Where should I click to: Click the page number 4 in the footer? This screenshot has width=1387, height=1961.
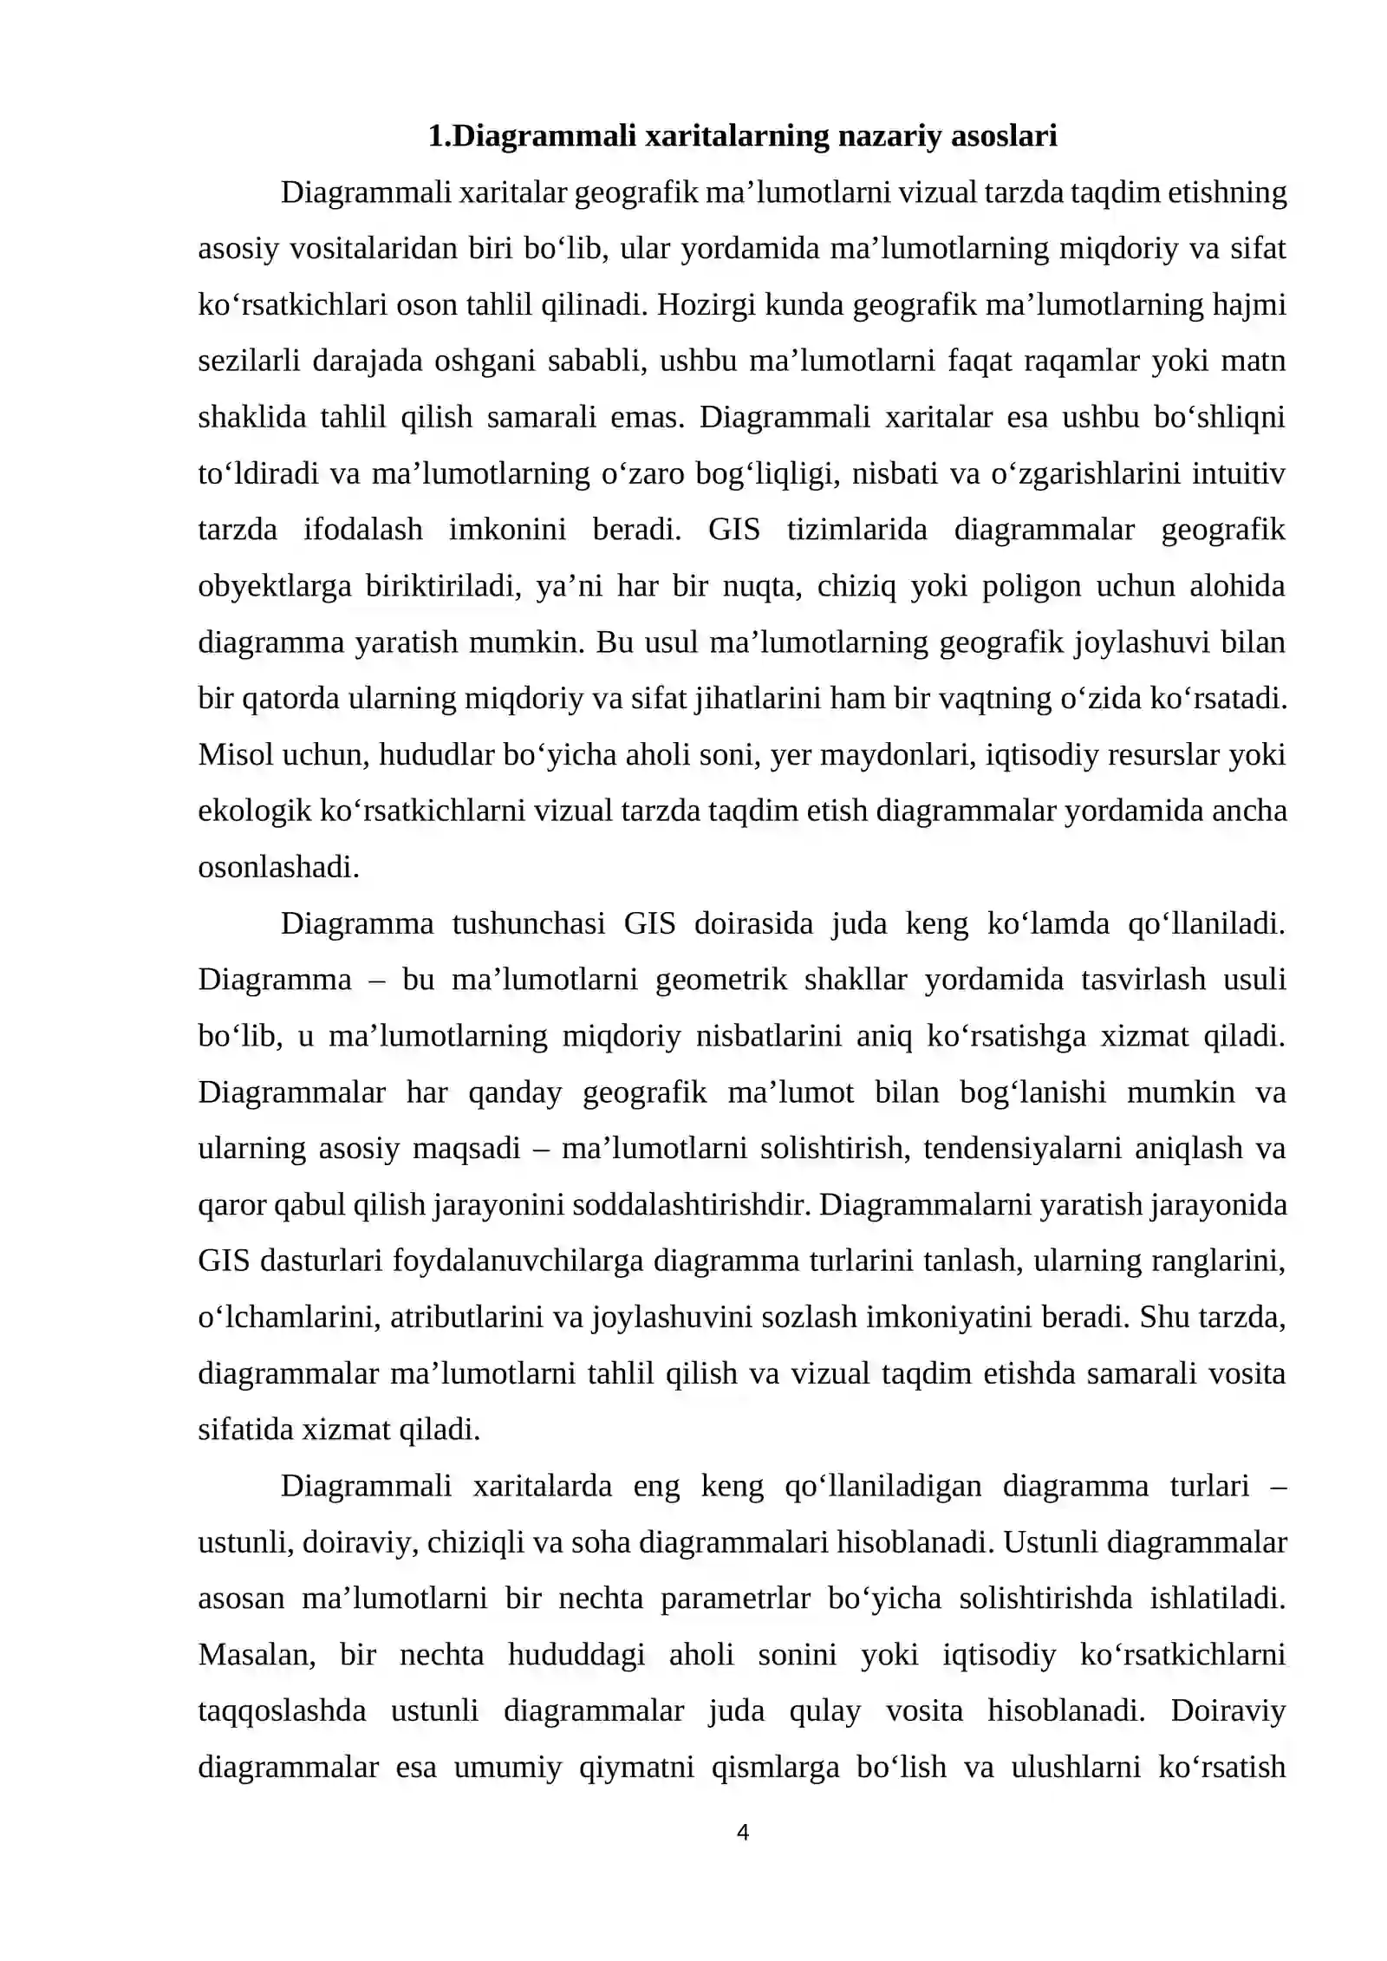pos(742,1832)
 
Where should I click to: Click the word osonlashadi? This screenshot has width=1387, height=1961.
pos(278,868)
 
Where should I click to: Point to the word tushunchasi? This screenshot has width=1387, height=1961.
pos(529,924)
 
